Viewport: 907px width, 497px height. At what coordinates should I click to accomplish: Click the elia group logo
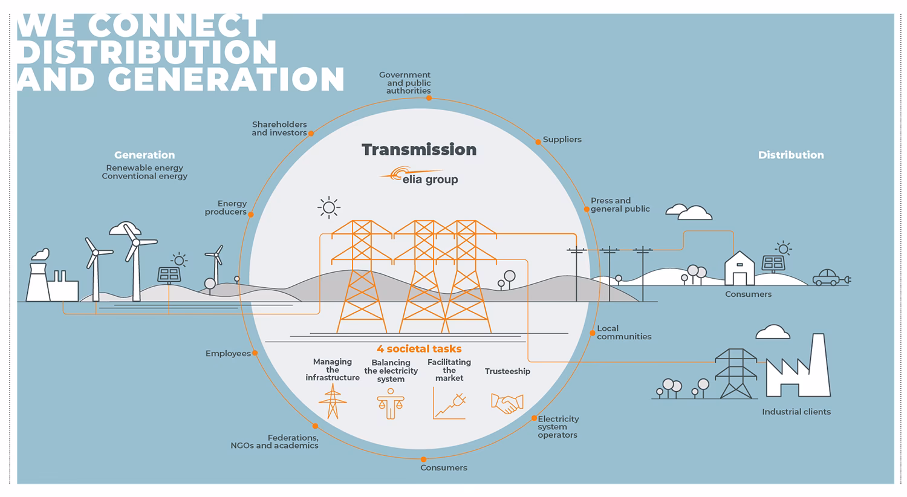coord(418,176)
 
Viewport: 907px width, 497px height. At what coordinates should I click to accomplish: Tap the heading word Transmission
coord(419,150)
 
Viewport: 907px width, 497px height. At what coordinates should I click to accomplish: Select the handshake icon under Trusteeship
coord(507,403)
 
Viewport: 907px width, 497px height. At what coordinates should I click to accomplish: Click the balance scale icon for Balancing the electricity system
coord(390,403)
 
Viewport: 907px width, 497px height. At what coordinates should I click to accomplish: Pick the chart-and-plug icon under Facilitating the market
coord(449,403)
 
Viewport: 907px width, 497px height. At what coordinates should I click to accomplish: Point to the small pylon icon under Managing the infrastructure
coord(333,401)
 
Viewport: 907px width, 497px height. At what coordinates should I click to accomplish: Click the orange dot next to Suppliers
coord(538,142)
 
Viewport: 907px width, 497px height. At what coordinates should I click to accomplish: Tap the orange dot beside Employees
coord(255,353)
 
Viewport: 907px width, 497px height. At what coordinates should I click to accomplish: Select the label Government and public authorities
coord(406,83)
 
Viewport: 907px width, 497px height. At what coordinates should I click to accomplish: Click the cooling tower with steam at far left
coord(39,278)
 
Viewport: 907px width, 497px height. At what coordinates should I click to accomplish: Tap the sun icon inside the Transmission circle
coord(328,208)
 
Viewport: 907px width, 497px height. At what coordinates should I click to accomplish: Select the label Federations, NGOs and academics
coord(275,441)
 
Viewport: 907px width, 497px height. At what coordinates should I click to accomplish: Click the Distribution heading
coord(790,155)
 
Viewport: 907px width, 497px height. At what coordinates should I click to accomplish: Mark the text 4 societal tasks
coord(419,349)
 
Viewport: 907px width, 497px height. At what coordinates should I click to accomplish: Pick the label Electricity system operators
coord(558,427)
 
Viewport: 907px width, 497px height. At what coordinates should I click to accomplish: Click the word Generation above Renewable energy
coord(145,155)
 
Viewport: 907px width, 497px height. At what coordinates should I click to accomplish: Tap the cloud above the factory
coord(773,332)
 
